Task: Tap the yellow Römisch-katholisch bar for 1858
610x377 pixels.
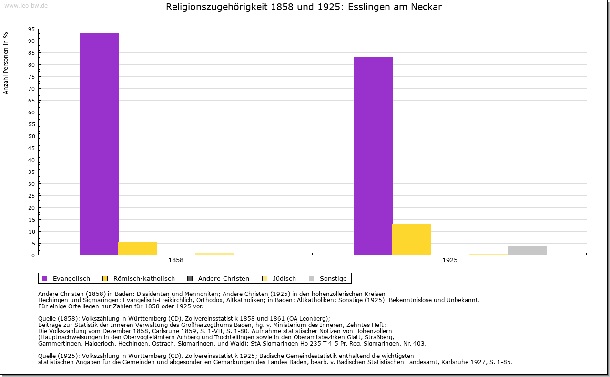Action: [x=138, y=248]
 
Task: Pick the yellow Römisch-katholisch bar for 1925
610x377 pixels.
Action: [x=412, y=239]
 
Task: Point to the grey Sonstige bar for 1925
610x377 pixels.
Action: [x=528, y=251]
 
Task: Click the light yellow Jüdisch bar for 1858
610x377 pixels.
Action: [x=215, y=254]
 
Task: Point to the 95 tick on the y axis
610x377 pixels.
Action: [x=31, y=29]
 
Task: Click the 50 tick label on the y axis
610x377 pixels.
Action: [x=31, y=136]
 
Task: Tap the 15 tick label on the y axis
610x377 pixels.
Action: [x=31, y=220]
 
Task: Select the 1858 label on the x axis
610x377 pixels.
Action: [x=175, y=261]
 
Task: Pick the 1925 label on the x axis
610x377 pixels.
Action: [x=449, y=261]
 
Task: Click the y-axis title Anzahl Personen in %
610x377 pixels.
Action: [x=6, y=63]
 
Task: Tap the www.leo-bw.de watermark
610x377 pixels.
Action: [x=26, y=5]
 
